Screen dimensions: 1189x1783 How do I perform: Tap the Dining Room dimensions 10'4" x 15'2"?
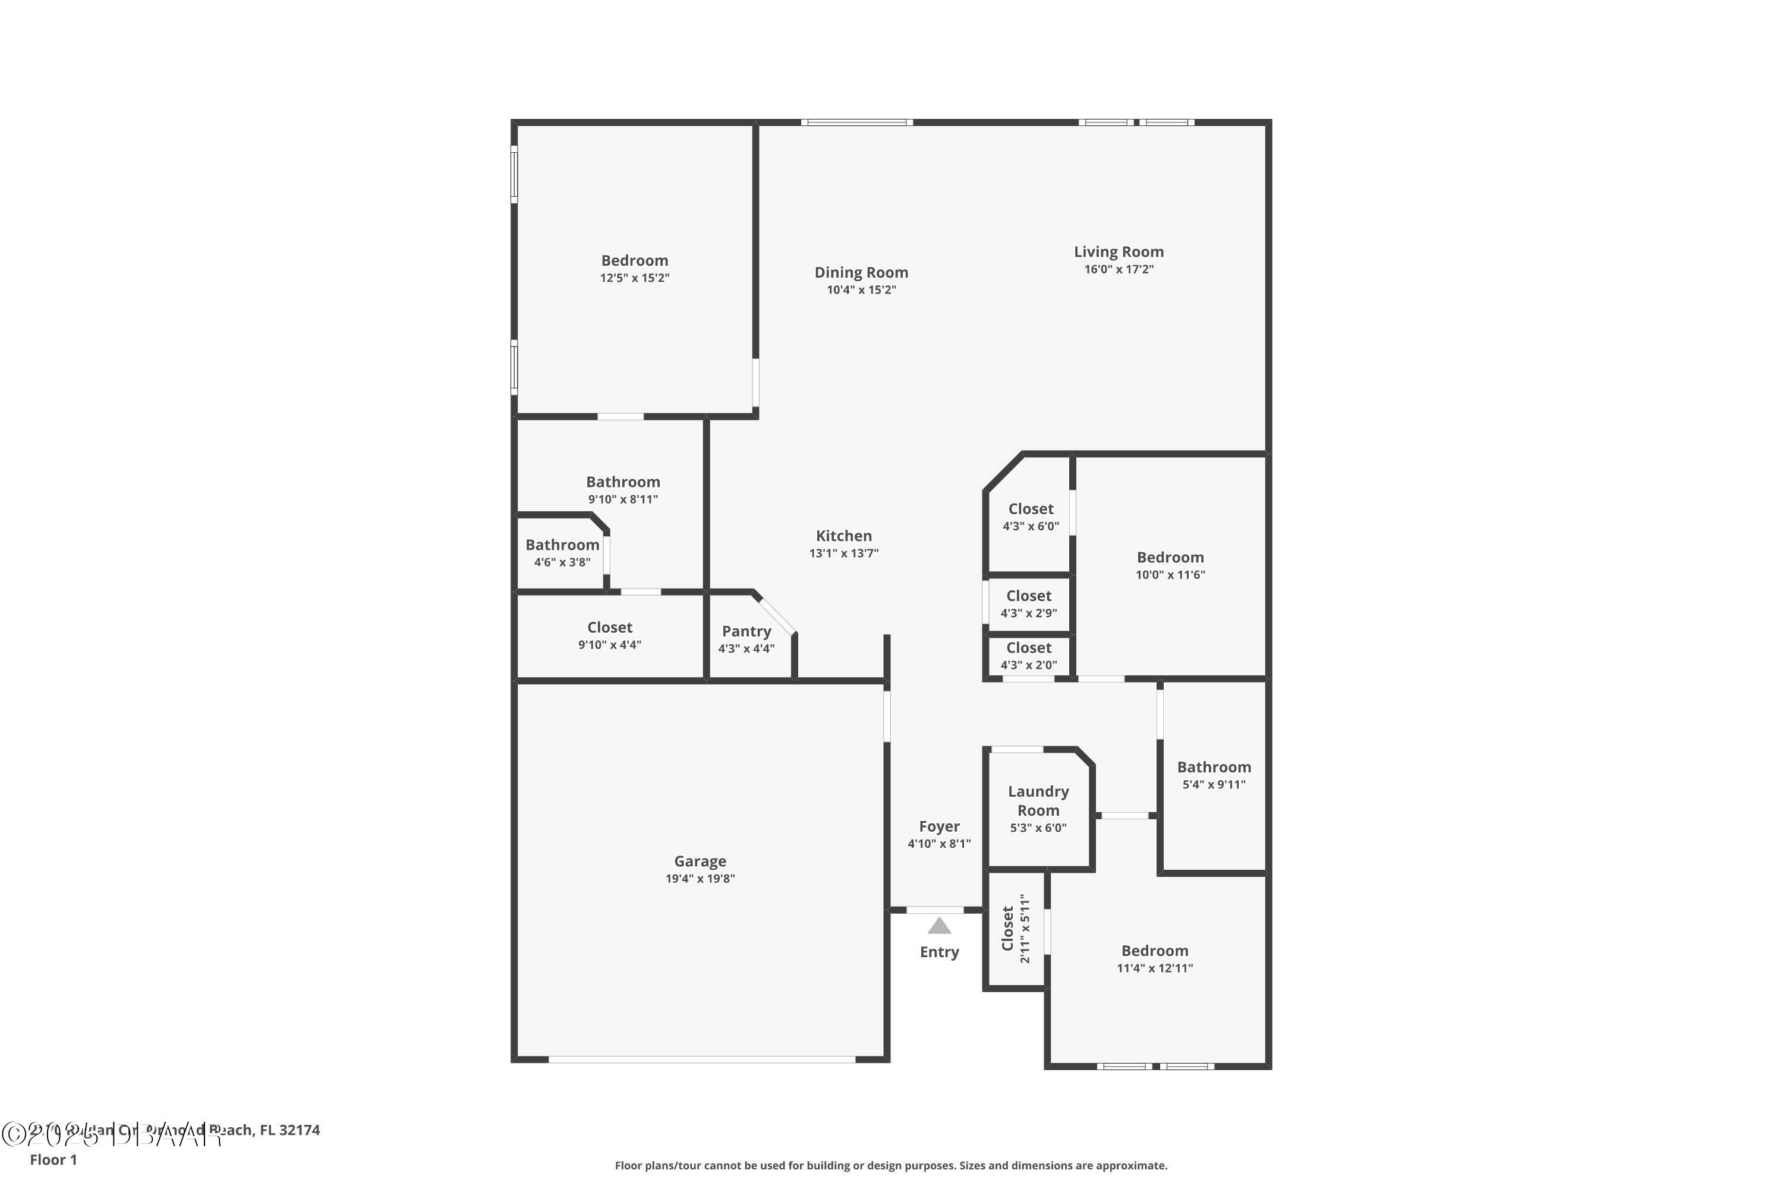click(x=861, y=290)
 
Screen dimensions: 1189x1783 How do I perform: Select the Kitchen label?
click(x=844, y=536)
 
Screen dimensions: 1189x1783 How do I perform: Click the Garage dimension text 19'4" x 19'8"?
click(x=700, y=879)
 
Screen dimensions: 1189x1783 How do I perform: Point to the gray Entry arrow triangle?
click(x=939, y=926)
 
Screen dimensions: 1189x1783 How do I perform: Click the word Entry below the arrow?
click(x=939, y=952)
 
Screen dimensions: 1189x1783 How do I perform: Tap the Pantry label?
click(x=746, y=631)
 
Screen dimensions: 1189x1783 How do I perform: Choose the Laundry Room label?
click(x=1038, y=801)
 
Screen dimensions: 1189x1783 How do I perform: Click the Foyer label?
click(x=939, y=826)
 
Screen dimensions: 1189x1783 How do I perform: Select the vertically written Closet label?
click(x=1007, y=928)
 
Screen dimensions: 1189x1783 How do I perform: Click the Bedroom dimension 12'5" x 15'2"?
click(x=635, y=278)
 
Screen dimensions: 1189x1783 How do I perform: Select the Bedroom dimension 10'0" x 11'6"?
click(x=1170, y=575)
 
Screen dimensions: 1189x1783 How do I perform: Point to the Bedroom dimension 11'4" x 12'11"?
click(x=1155, y=968)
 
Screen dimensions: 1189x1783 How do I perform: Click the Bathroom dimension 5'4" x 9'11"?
click(x=1214, y=785)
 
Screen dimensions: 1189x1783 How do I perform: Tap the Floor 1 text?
click(x=53, y=1159)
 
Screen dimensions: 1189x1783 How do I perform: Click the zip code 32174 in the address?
click(x=300, y=1130)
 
